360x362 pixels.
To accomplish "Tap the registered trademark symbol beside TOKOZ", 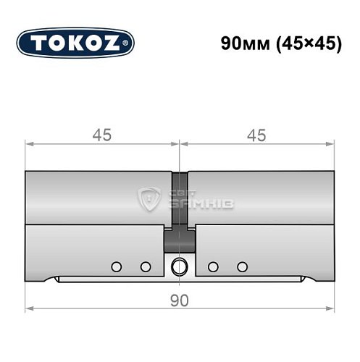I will [130, 43].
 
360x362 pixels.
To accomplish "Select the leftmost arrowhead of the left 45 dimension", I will [29, 145].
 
